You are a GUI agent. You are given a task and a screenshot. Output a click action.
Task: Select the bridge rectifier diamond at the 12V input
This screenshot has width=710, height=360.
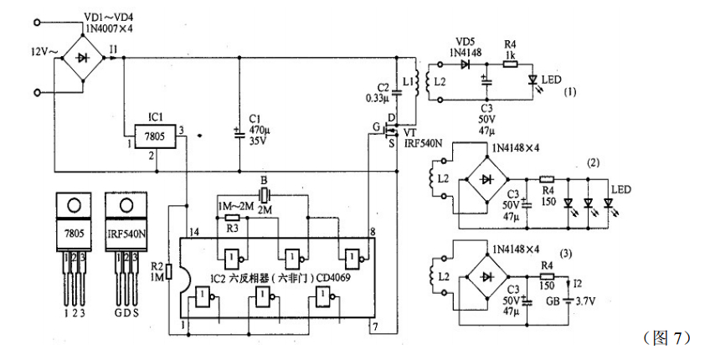click(80, 59)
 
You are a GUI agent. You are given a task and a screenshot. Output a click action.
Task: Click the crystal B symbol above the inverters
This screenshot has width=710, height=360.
click(263, 195)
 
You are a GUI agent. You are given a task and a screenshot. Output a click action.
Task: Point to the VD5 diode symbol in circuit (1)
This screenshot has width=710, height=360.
click(464, 64)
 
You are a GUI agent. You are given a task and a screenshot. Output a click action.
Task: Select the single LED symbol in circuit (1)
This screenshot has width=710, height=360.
click(532, 80)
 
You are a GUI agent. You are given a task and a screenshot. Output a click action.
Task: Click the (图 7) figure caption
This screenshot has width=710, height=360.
click(666, 337)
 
